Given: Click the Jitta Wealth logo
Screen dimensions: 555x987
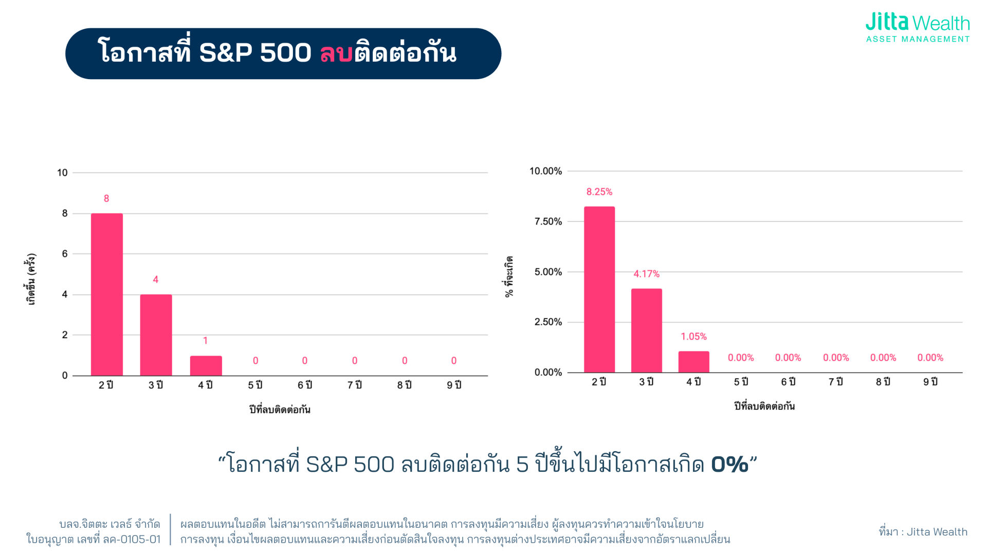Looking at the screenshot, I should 917,28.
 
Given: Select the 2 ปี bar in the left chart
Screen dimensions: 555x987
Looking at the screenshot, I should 107,294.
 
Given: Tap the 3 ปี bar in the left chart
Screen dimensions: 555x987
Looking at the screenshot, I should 156,335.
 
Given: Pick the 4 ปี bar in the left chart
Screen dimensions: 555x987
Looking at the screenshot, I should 206,365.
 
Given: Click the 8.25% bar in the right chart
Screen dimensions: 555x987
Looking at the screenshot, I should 599,289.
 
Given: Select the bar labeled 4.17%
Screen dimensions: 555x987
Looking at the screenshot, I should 647,330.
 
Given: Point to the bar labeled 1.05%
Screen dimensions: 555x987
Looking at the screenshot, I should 693,362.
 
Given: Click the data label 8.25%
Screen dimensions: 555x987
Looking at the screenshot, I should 599,192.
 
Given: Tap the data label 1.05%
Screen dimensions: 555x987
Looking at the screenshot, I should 693,337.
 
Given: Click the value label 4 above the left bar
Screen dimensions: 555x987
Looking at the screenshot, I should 156,280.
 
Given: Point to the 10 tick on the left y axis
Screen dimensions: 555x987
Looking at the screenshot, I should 62,173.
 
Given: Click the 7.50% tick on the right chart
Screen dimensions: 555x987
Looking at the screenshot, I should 548,221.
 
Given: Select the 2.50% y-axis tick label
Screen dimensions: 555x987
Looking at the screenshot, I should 548,322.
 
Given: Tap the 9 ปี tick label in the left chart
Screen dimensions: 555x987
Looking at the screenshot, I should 454,385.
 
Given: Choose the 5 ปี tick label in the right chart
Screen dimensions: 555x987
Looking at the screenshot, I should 741,382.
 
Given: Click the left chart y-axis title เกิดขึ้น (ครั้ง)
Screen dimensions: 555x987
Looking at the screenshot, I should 32,279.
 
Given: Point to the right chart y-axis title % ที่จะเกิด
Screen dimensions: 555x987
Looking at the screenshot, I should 509,276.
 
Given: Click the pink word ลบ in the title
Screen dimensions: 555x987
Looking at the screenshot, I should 336,53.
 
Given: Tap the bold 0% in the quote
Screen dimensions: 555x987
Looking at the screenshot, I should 729,465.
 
